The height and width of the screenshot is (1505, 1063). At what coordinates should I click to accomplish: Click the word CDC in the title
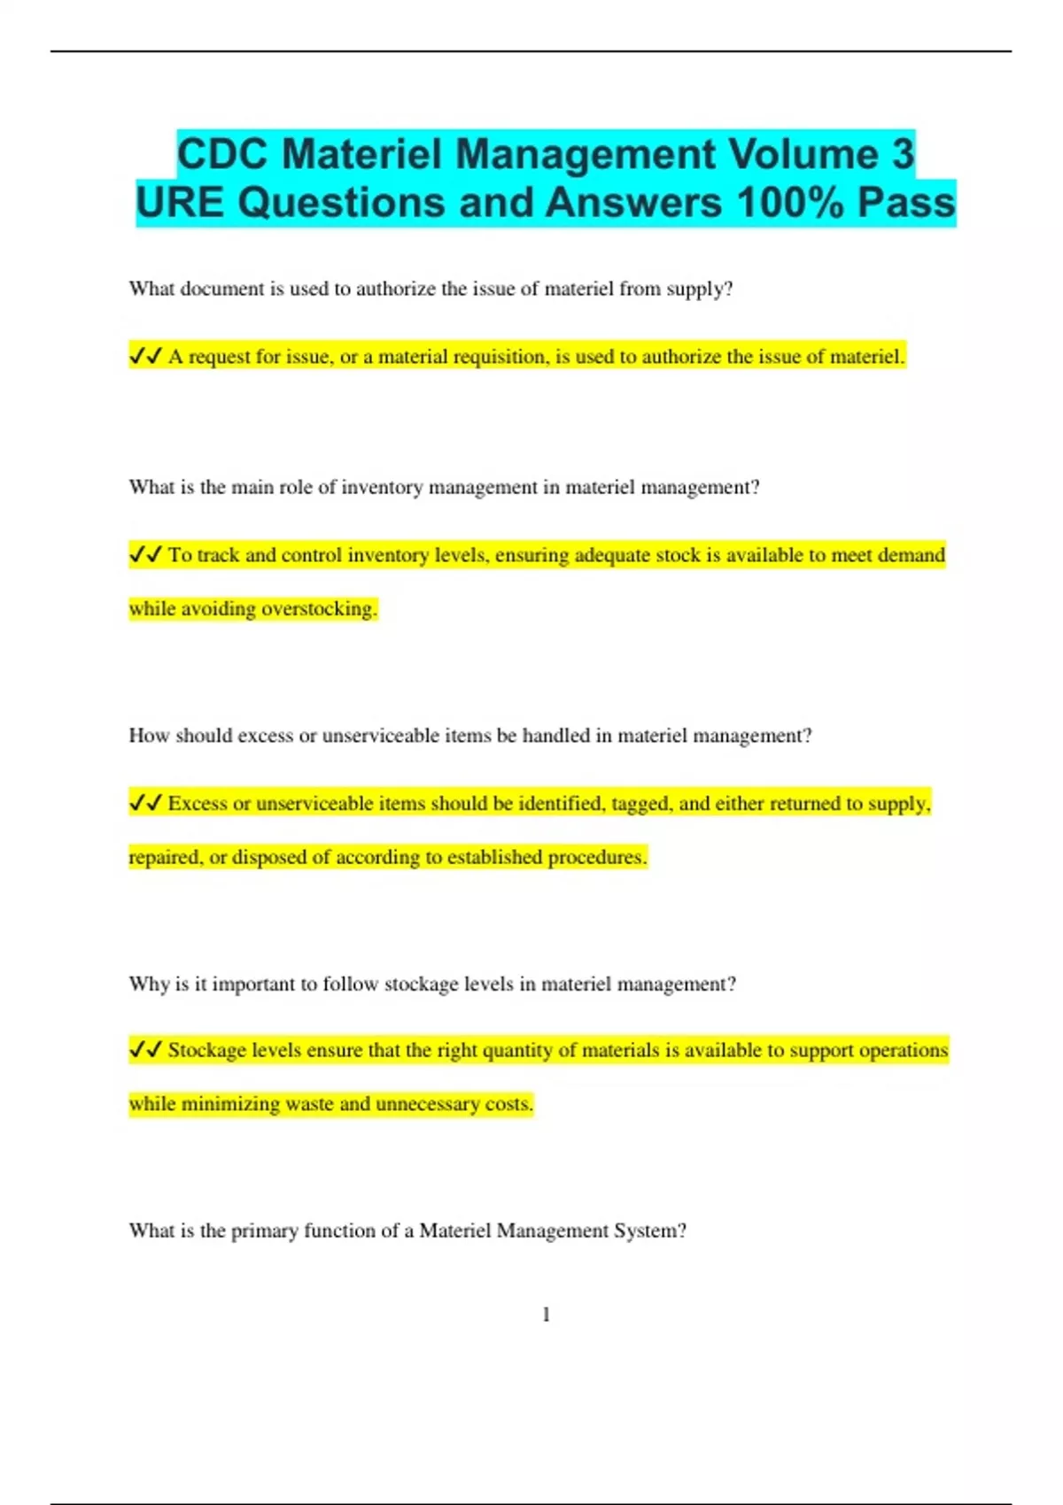222,154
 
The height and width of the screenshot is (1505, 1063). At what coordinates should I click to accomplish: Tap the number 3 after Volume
902,154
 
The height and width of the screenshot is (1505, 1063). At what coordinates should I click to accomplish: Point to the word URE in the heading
180,202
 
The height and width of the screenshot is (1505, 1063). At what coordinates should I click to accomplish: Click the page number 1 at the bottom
546,1315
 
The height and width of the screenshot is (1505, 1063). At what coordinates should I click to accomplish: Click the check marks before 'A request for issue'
145,356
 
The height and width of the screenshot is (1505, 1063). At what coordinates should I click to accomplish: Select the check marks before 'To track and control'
145,554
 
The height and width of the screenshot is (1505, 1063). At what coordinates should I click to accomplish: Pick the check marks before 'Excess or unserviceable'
145,803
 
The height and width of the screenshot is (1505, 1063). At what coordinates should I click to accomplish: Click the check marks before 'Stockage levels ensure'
145,1050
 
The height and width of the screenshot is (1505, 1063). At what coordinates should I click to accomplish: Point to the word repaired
165,857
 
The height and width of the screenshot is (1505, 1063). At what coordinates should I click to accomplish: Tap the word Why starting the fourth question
149,984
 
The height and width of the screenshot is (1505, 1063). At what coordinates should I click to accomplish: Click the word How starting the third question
149,736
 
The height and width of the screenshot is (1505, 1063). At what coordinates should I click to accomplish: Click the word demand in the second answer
911,555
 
